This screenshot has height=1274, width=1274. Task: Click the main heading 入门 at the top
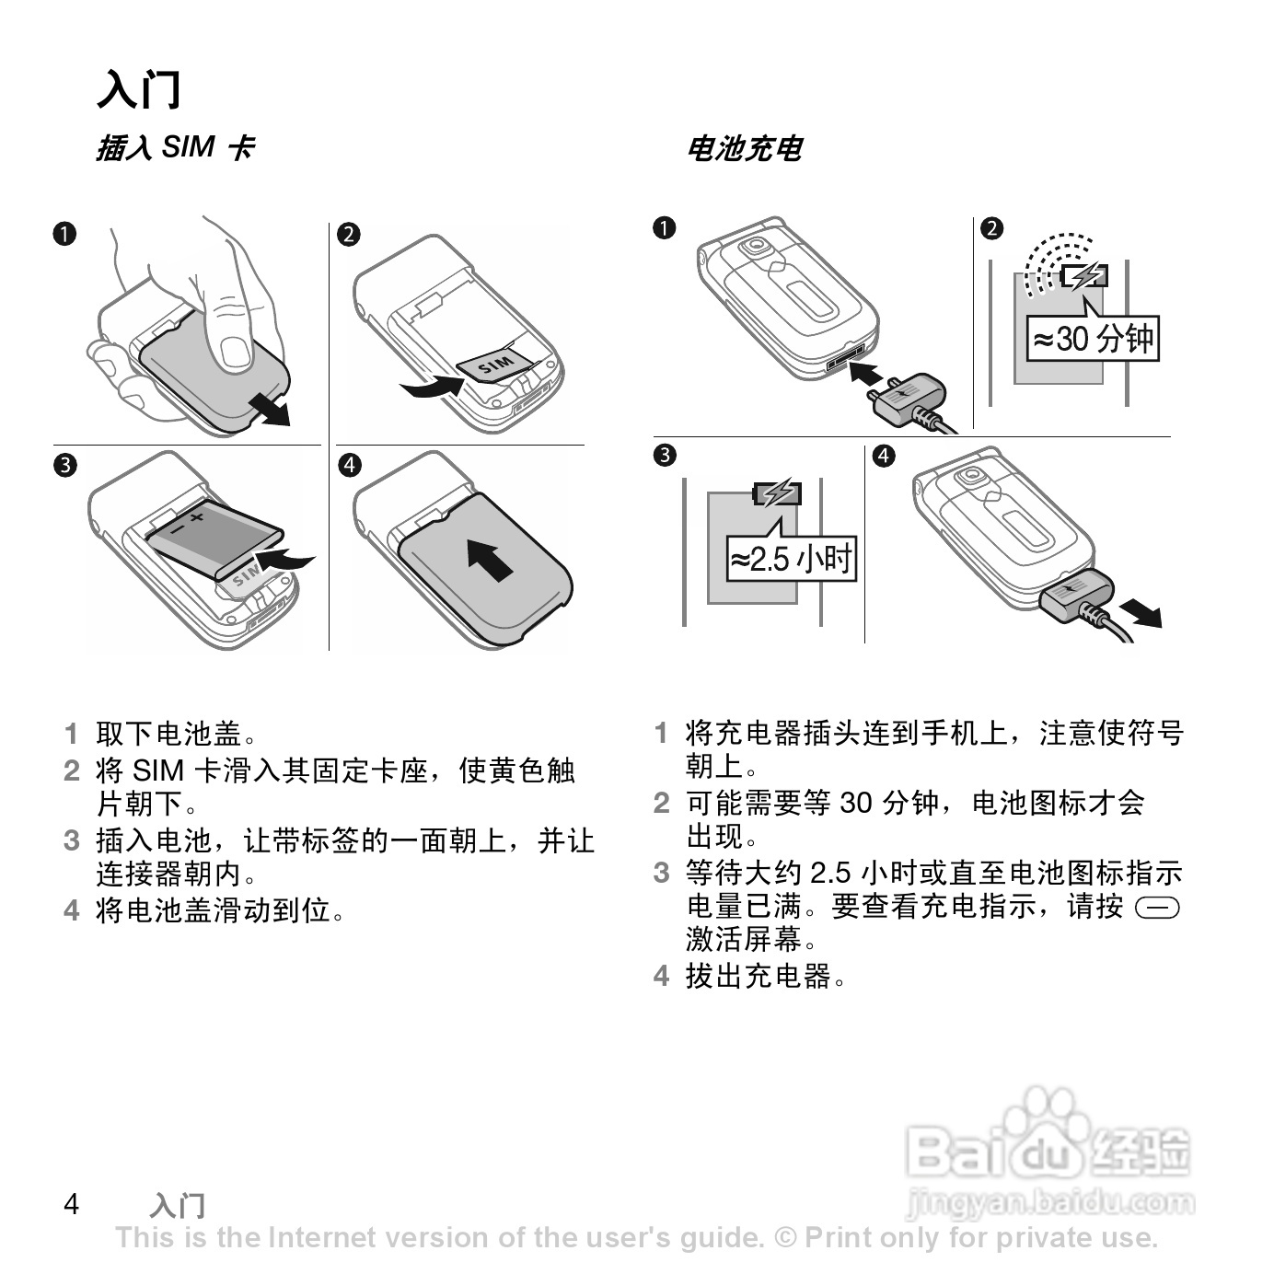pyautogui.click(x=139, y=89)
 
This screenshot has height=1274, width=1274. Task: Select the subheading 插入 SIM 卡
pyautogui.click(x=176, y=147)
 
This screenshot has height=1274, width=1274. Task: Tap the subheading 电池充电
pyautogui.click(x=745, y=149)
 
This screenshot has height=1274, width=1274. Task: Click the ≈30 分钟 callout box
pyautogui.click(x=1092, y=339)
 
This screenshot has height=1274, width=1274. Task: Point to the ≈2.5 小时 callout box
pyautogui.click(x=792, y=559)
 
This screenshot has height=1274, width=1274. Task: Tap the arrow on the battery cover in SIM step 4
pyautogui.click(x=489, y=560)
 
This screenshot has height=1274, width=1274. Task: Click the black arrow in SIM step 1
pyautogui.click(x=270, y=408)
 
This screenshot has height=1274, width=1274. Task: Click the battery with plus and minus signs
pyautogui.click(x=214, y=539)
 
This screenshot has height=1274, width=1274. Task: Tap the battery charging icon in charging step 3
pyautogui.click(x=778, y=493)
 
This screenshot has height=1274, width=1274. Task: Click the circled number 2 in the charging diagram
pyautogui.click(x=991, y=229)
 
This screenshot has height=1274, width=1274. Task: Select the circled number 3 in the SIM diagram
pyautogui.click(x=64, y=466)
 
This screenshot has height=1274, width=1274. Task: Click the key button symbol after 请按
pyautogui.click(x=1157, y=909)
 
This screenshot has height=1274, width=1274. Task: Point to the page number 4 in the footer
pyautogui.click(x=72, y=1204)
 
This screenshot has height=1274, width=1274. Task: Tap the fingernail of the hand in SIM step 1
pyautogui.click(x=235, y=353)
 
